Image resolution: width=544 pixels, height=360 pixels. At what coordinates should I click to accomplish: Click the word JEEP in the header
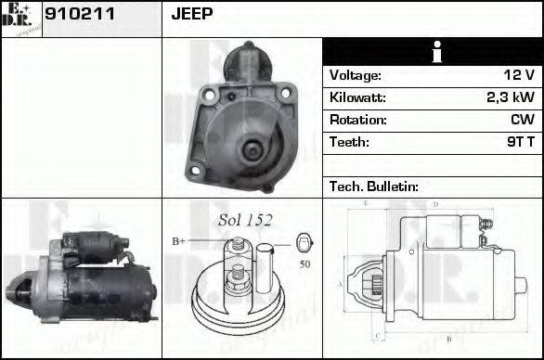[192, 13]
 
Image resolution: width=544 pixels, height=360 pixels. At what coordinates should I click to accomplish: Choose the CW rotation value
[521, 121]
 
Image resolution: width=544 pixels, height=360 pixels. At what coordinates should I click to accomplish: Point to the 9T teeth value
[516, 143]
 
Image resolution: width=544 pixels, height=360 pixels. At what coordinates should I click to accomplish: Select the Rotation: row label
[357, 121]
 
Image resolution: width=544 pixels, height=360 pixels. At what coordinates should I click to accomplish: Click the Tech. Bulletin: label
[373, 186]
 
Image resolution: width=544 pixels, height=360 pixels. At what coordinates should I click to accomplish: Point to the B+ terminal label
[178, 241]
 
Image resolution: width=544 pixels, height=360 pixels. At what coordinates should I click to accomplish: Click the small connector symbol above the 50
[304, 243]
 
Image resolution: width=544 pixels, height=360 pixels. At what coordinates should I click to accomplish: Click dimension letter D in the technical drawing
[435, 204]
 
